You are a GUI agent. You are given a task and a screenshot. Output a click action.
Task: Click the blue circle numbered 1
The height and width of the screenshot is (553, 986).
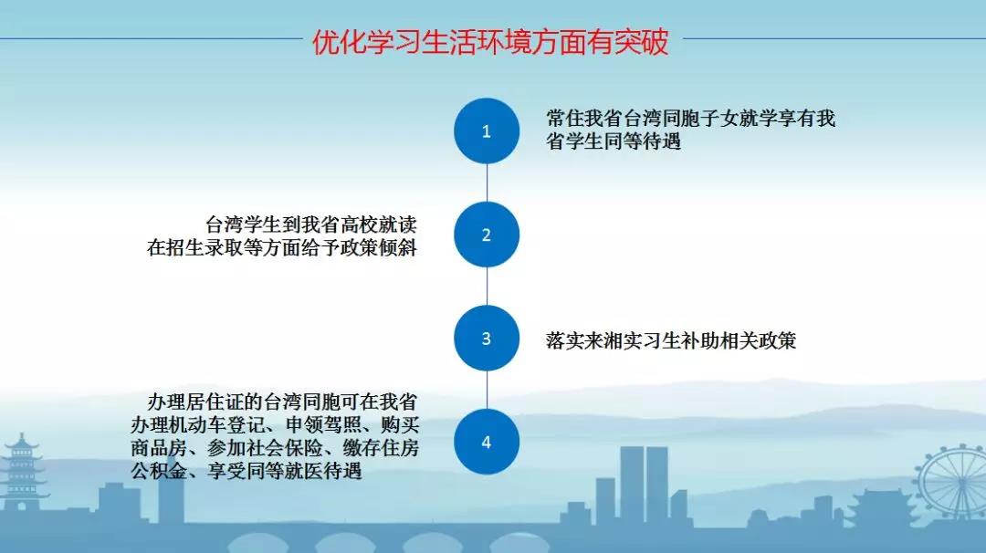487,130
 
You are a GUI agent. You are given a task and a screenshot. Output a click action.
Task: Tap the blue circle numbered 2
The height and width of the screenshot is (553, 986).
487,235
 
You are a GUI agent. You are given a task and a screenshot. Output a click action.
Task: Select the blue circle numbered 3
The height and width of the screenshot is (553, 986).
487,338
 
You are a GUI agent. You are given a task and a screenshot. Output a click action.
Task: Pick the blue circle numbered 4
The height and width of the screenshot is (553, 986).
487,442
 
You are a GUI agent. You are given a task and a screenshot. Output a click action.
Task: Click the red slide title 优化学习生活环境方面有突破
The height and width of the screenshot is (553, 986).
490,42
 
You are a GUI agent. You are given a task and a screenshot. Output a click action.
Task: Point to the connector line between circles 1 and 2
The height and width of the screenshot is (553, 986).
487,183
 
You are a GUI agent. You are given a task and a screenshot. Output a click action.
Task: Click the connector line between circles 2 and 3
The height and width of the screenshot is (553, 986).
487,287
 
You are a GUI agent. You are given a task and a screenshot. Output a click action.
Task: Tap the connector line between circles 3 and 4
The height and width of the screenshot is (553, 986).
487,391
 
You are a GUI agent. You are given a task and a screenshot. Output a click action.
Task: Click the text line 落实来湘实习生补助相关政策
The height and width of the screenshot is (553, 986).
671,340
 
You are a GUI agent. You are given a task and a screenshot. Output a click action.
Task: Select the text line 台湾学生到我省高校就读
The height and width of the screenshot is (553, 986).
311,225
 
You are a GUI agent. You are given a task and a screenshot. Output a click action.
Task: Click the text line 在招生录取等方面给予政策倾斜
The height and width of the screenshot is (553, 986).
282,247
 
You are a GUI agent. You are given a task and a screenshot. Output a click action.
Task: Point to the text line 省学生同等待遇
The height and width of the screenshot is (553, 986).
614,141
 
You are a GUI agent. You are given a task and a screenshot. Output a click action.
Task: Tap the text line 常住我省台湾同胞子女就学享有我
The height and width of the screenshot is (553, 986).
690,118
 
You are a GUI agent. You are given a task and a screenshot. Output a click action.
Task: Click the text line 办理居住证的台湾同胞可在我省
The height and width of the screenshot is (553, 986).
282,402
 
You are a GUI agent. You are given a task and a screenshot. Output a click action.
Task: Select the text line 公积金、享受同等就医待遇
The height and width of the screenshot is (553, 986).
246,471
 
